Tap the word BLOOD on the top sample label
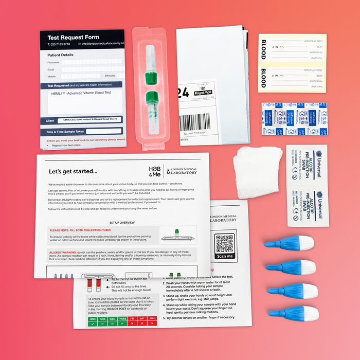(263, 48)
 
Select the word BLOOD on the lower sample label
(263, 78)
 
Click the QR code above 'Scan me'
(225, 242)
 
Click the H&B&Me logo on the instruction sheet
(154, 171)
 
